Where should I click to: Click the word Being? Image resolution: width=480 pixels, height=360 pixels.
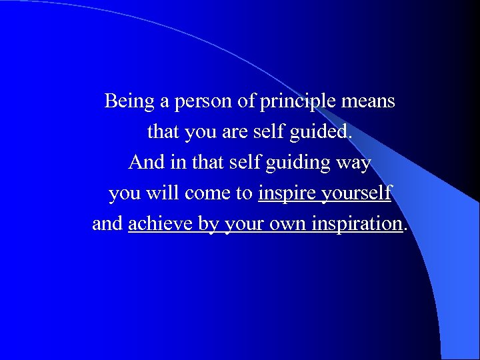tap(129, 102)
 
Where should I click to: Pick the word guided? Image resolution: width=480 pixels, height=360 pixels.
tap(319, 133)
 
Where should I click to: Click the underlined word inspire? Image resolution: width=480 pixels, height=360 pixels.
tap(287, 194)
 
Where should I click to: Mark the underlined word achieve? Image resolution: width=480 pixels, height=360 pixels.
tap(161, 224)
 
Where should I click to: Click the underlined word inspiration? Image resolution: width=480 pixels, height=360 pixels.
tap(354, 225)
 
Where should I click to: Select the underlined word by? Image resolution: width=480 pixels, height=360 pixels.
tap(209, 225)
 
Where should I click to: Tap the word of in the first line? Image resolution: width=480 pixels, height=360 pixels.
tap(246, 102)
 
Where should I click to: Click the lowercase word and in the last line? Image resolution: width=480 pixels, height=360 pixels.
tap(107, 224)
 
